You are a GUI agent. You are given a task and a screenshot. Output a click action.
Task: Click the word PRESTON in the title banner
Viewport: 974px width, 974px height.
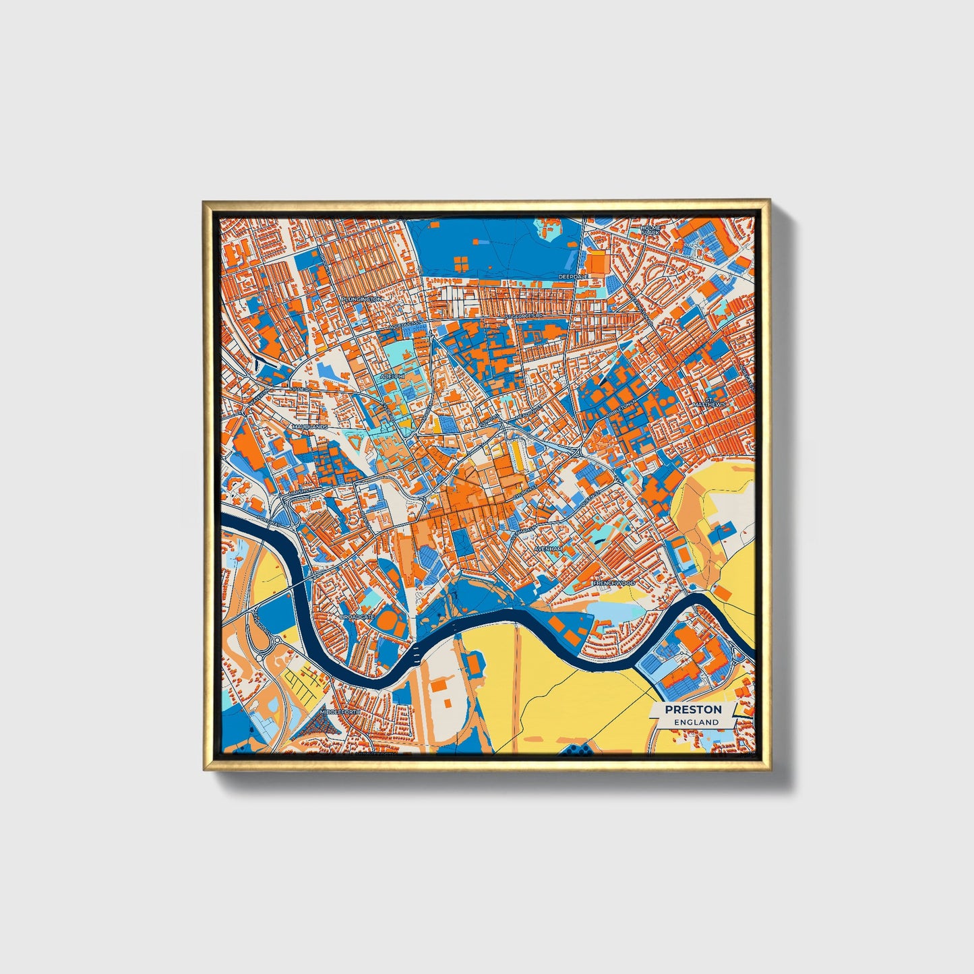tap(693, 709)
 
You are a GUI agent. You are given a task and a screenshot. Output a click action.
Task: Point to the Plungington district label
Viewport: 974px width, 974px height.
tap(361, 299)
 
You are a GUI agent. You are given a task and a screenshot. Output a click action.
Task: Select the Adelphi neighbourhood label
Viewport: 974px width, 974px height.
tap(391, 375)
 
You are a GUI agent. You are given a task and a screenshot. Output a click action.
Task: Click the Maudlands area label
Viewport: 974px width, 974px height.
tap(309, 427)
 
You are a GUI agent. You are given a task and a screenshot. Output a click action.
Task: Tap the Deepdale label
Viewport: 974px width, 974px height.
tap(573, 276)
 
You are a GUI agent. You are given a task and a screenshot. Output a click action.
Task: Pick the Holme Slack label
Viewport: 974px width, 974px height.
tap(651, 230)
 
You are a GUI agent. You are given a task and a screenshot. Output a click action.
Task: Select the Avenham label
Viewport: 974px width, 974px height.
tap(547, 549)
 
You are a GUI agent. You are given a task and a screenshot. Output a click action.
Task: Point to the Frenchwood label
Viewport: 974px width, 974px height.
tap(613, 582)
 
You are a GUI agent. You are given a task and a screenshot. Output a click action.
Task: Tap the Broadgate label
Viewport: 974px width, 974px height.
tap(357, 617)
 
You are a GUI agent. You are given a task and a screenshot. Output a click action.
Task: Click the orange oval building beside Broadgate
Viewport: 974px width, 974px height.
tap(388, 617)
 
